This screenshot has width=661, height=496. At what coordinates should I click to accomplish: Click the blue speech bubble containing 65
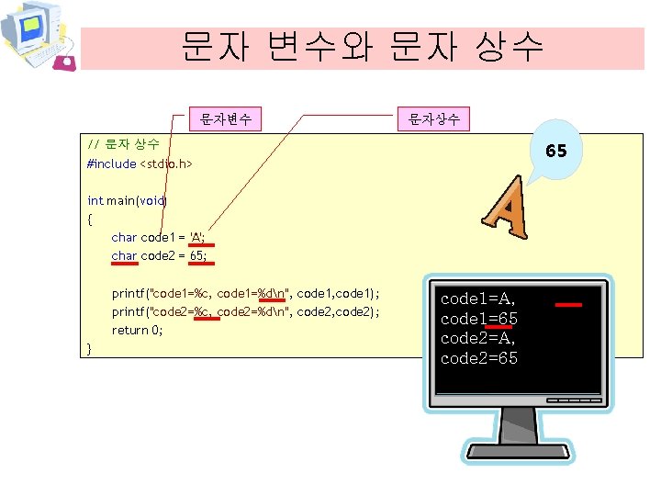click(x=555, y=150)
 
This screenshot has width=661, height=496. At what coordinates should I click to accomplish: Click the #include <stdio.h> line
click(x=140, y=163)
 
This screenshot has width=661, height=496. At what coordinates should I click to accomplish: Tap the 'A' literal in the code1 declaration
click(x=196, y=237)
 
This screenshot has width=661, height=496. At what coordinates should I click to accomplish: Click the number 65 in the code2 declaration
click(x=196, y=255)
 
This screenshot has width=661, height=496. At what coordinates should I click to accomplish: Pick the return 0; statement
click(x=137, y=330)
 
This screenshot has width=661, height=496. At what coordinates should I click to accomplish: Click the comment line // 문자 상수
click(x=123, y=144)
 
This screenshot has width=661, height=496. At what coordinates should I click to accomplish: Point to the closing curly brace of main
click(x=89, y=348)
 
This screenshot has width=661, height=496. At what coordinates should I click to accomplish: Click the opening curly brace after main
click(x=89, y=219)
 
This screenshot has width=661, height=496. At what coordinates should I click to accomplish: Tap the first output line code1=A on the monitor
click(x=478, y=299)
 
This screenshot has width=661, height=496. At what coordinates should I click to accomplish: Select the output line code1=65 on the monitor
click(x=479, y=318)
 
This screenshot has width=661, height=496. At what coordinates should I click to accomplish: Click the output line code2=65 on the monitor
click(x=479, y=357)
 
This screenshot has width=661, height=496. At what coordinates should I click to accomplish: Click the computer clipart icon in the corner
click(x=37, y=35)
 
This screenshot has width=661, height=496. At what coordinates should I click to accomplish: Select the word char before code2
click(x=124, y=255)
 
